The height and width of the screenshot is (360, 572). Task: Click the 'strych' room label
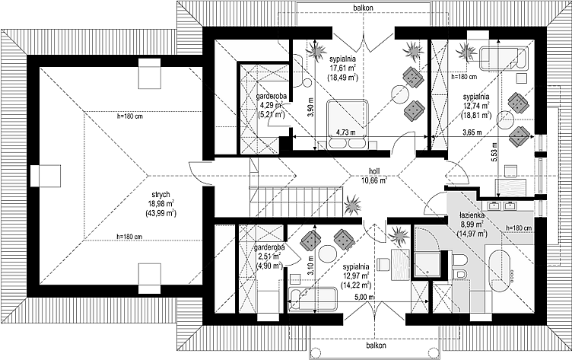(161, 195)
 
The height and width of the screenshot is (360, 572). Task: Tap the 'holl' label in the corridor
(374, 171)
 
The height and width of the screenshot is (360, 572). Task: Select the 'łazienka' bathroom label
(472, 216)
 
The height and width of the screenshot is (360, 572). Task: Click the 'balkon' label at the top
(363, 8)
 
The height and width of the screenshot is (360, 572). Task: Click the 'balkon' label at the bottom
(376, 345)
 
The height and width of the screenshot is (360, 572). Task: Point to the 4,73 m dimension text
(346, 132)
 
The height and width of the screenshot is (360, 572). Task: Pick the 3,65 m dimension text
(472, 132)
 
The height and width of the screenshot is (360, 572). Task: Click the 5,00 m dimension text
(364, 297)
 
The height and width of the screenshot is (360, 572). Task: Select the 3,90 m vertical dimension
(310, 108)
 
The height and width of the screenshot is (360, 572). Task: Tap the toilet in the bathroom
(458, 260)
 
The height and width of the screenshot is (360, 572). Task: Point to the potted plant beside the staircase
(352, 205)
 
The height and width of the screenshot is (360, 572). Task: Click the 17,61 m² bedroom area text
(342, 68)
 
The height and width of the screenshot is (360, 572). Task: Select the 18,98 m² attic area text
(161, 204)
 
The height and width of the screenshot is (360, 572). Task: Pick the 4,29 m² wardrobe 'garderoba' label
(270, 97)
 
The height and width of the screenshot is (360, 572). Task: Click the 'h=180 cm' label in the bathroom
(519, 228)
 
